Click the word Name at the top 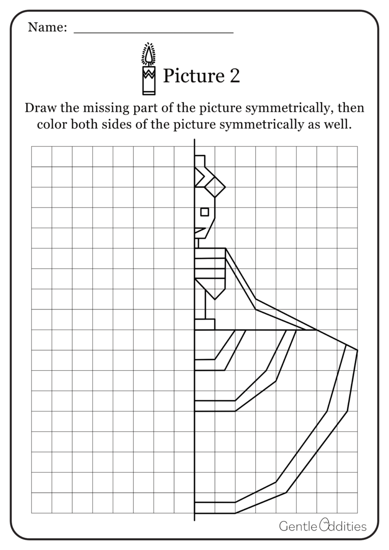47,27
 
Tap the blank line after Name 153,31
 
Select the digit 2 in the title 234,76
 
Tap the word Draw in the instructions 39,108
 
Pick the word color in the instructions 52,125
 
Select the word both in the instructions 88,125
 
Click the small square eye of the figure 205,211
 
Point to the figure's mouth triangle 200,232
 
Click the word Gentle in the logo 298,526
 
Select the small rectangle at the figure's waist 205,324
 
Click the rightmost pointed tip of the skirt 357,350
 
